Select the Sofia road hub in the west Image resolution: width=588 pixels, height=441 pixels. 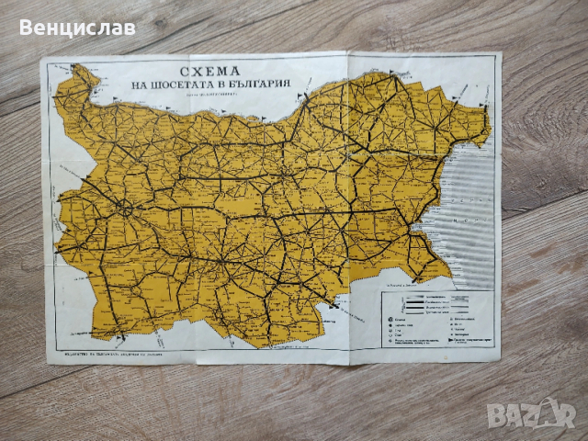(123, 209)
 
